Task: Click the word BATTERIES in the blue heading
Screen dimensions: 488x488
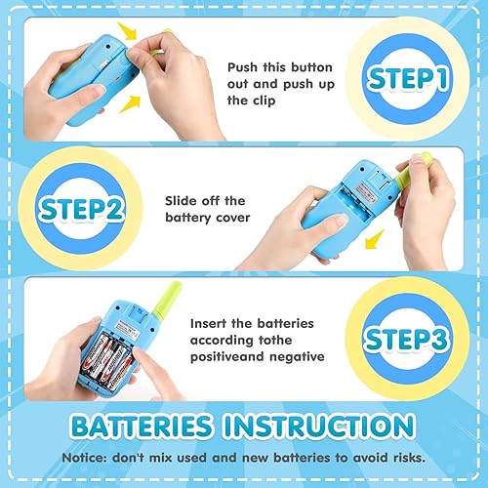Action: click(137, 427)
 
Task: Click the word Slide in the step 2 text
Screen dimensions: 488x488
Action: click(184, 200)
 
